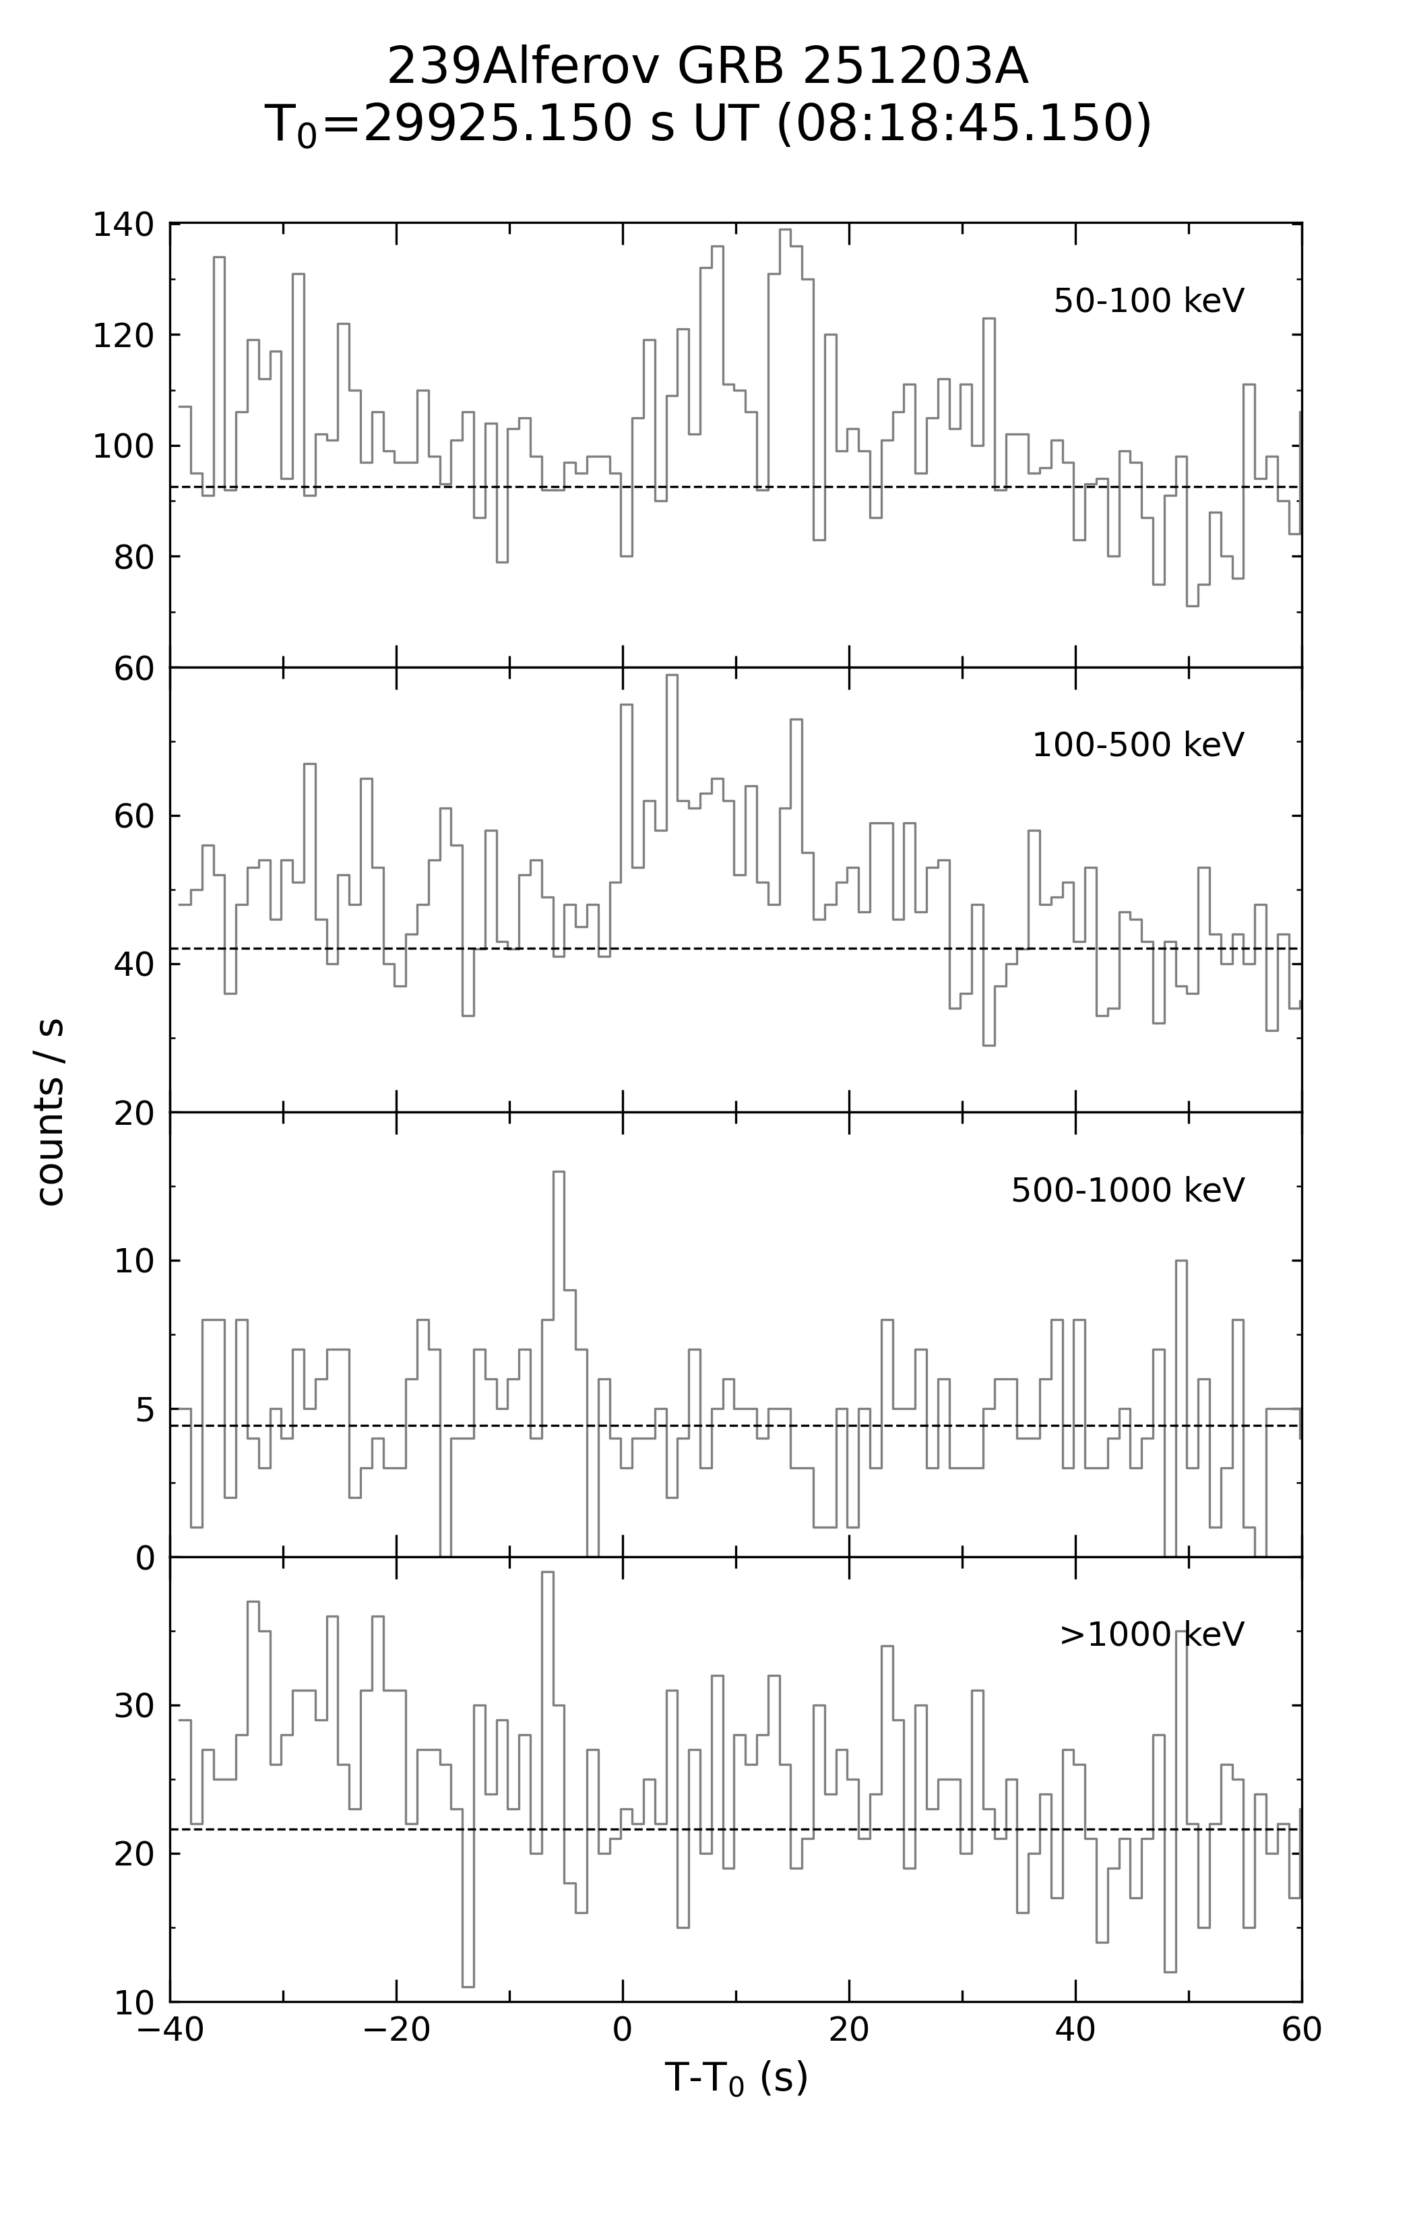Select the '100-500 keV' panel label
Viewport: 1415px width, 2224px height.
[x=1138, y=745]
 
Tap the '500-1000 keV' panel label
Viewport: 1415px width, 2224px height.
[x=1128, y=1190]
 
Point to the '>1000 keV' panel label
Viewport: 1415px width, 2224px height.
[x=1152, y=1635]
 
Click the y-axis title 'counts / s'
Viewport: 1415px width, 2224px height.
[x=50, y=1112]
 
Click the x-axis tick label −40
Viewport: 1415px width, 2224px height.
[x=170, y=2030]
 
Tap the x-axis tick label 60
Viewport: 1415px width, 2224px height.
[x=1301, y=2030]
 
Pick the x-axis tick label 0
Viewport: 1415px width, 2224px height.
[x=623, y=2030]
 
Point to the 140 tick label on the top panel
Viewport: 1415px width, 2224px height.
[x=123, y=224]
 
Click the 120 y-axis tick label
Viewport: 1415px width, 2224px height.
[x=123, y=335]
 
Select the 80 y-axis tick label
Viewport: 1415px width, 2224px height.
[x=134, y=557]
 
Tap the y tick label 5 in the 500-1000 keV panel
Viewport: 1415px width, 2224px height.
[x=145, y=1409]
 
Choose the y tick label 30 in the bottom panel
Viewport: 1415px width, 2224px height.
[x=134, y=1706]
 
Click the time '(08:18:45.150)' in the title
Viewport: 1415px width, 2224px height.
[x=964, y=124]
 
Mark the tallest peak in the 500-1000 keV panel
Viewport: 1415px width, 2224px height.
[x=559, y=1172]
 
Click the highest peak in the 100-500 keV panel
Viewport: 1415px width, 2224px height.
[x=672, y=676]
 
